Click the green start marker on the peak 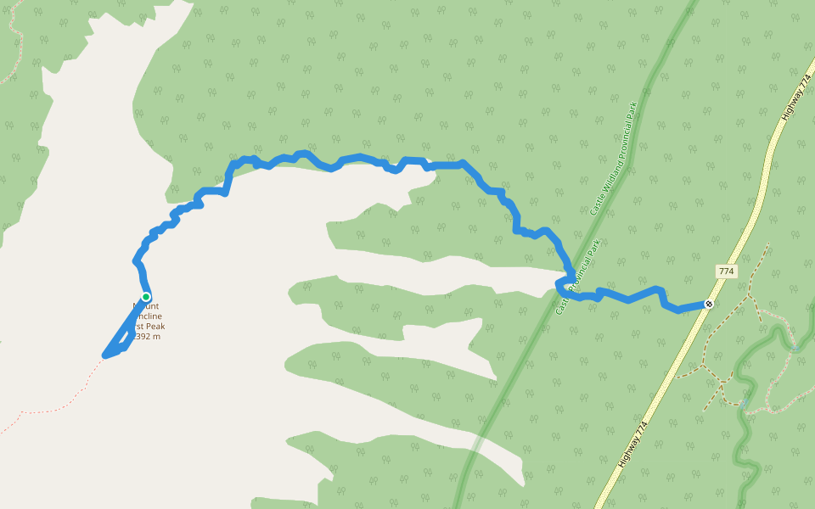pos(146,297)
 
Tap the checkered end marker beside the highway pos(709,304)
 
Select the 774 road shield pos(726,271)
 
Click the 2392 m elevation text pos(144,336)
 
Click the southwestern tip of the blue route pos(105,355)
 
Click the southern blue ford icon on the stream pos(743,404)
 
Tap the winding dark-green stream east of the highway pos(747,441)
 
